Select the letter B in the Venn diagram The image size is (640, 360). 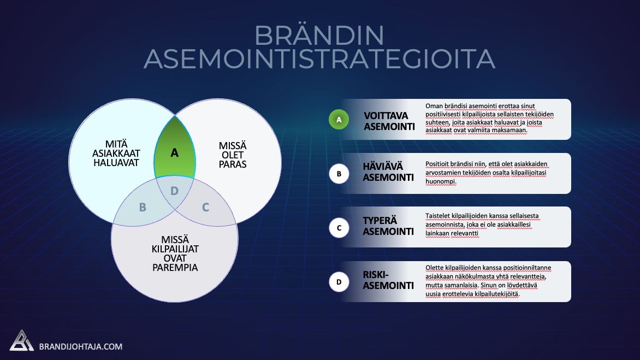pos(143,207)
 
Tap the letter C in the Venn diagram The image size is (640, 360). pos(206,207)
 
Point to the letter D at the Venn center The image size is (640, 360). pos(174,191)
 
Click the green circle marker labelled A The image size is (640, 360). pos(339,119)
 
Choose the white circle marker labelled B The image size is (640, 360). pos(339,174)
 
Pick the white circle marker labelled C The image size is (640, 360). pos(339,228)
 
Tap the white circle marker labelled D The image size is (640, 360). pos(339,282)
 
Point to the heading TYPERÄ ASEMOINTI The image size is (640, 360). pos(388,226)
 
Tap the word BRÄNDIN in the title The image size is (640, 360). pos(319,36)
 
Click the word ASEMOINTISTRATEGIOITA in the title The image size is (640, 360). pos(319,59)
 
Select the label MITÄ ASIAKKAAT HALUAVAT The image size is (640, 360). pos(116,154)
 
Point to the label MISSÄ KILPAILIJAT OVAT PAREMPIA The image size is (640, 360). pos(175,254)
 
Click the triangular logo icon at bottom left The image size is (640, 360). pos(21,341)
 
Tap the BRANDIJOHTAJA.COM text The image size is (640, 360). pos(81,346)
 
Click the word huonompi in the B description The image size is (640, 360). pos(440,181)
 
